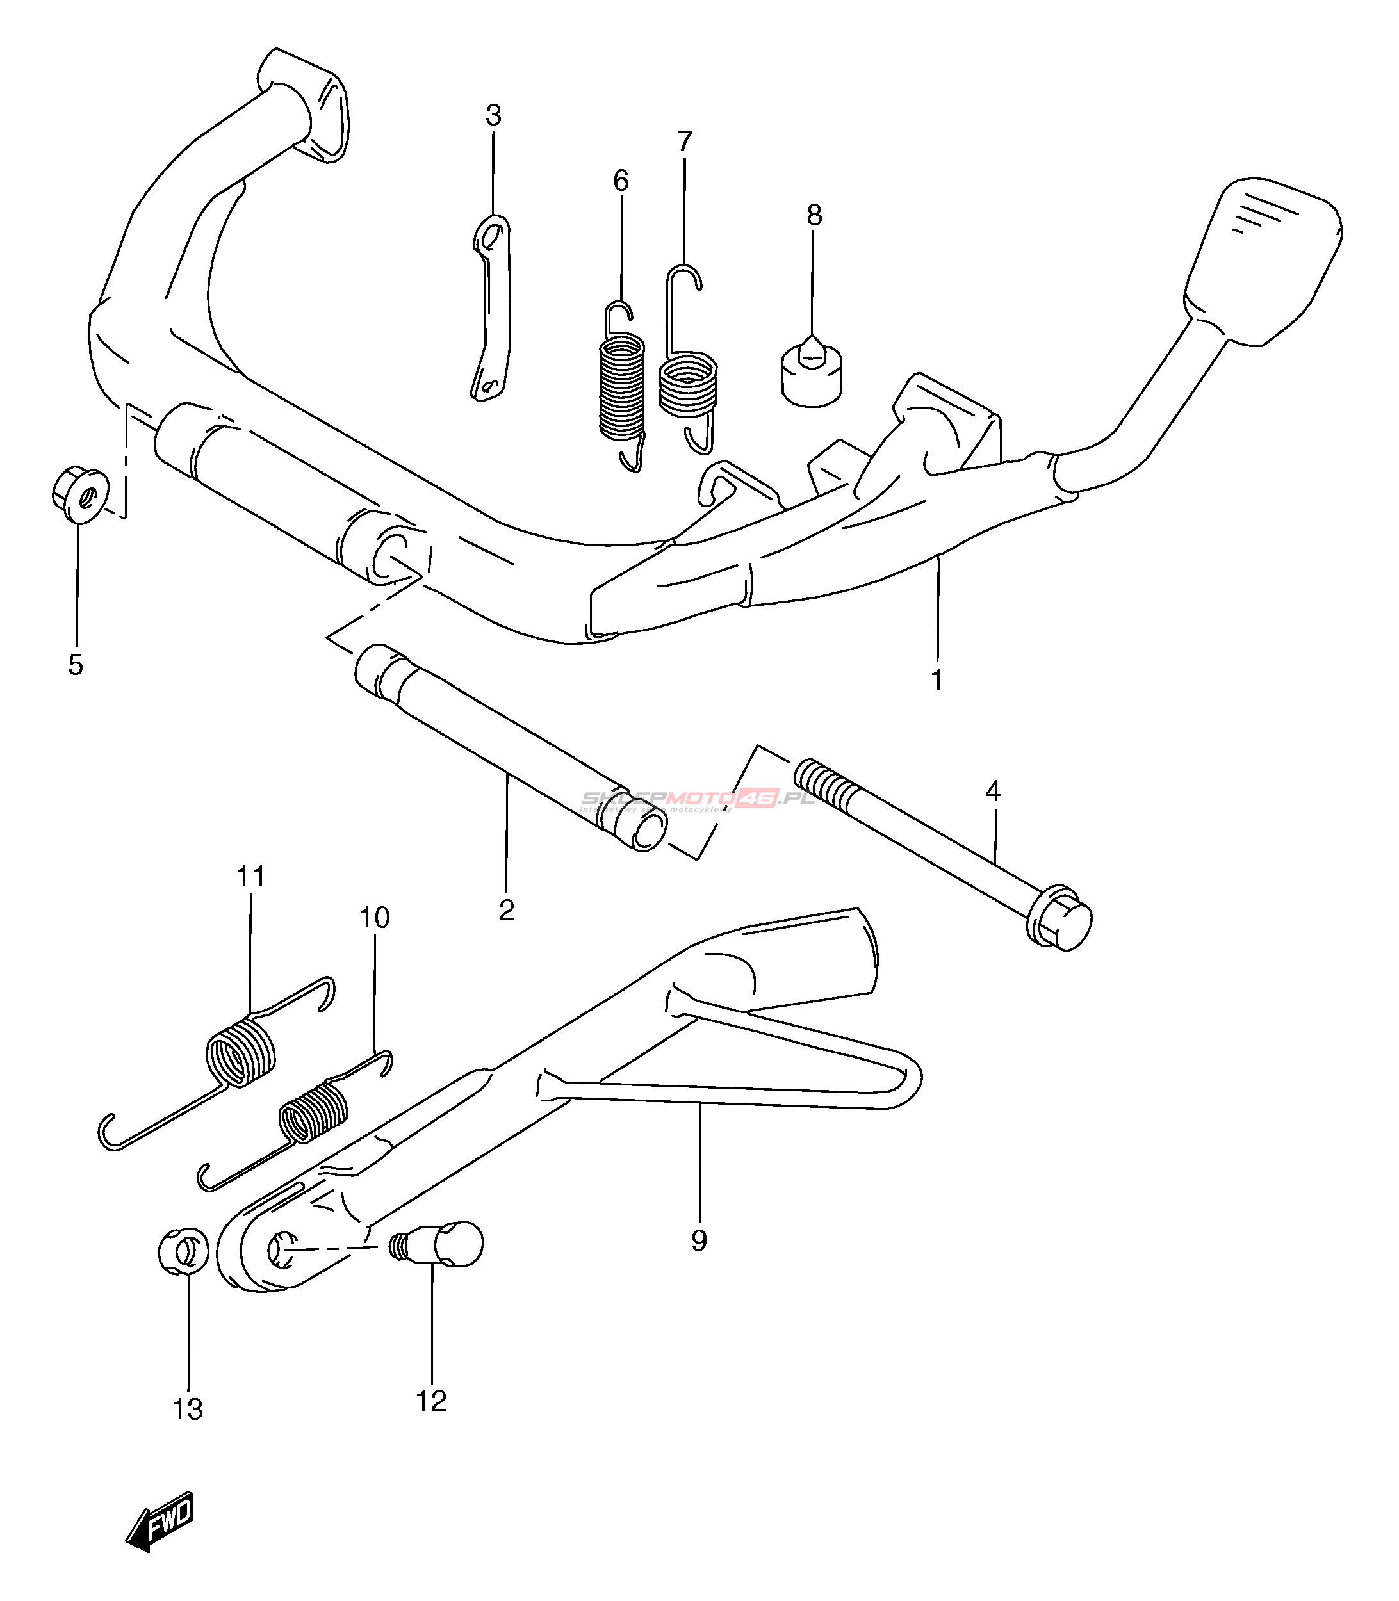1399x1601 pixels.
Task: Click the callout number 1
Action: click(937, 679)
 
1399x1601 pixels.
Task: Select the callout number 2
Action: click(507, 910)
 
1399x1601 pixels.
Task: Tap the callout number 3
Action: click(493, 115)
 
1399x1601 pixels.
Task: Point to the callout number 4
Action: click(992, 792)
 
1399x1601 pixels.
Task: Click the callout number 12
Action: click(431, 1401)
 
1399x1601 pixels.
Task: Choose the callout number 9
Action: click(699, 1240)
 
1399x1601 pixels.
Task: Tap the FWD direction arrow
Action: click(160, 1522)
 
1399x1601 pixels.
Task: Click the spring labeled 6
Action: click(622, 386)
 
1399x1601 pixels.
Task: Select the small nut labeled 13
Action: click(183, 1251)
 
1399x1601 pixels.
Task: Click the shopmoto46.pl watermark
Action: click(698, 799)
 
